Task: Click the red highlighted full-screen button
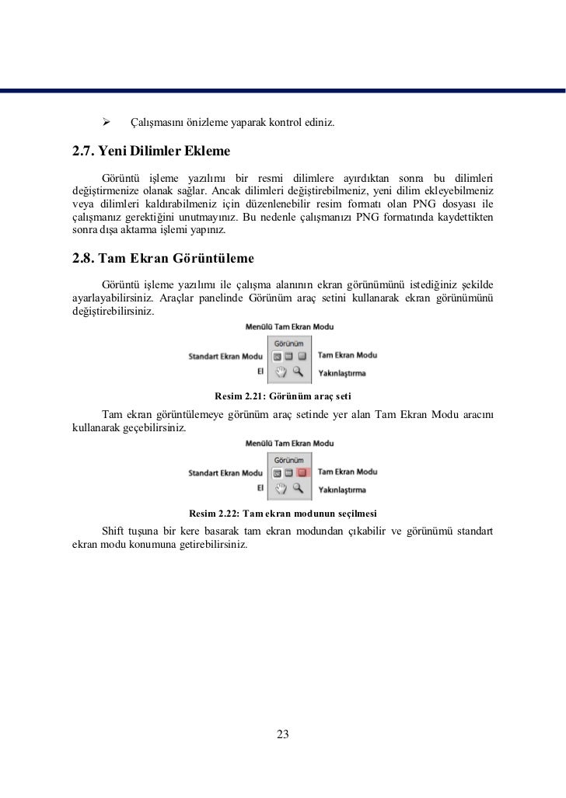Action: click(303, 472)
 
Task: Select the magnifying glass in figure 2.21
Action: click(297, 371)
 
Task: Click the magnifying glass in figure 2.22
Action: click(297, 488)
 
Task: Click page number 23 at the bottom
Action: click(283, 734)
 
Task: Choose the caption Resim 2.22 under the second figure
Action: click(283, 513)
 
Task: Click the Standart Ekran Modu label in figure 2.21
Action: click(225, 356)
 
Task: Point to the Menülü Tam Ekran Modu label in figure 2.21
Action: click(289, 326)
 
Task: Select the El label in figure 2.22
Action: click(260, 487)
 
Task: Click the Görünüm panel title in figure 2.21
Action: click(288, 342)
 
